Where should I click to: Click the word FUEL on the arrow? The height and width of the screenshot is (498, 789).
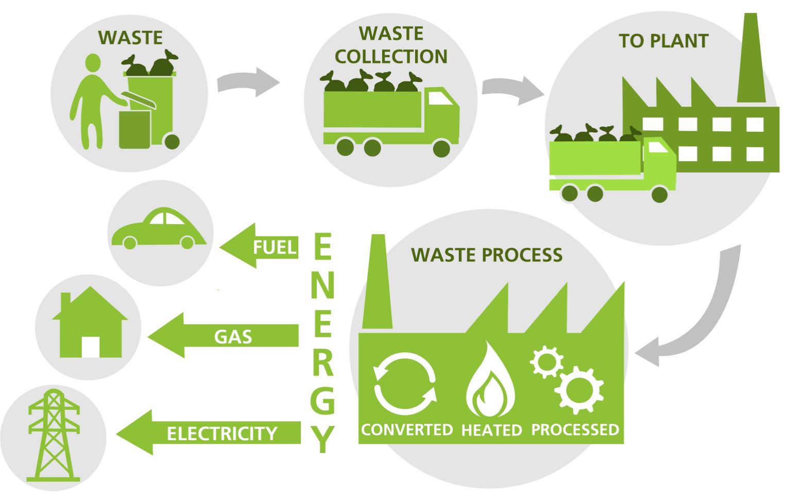(275, 248)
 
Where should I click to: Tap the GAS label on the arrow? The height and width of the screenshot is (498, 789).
(233, 337)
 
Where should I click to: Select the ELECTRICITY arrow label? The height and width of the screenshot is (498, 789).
(221, 434)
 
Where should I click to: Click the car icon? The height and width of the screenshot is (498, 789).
(159, 230)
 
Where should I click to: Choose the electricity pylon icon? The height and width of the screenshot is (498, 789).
(54, 435)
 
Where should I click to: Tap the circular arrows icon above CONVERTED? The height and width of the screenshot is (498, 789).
(405, 384)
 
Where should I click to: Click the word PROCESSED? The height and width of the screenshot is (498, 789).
(575, 430)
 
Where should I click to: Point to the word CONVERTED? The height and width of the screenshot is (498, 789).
(407, 430)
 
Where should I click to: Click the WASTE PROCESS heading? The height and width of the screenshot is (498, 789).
(487, 255)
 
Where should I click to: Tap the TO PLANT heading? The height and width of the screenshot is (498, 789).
(663, 41)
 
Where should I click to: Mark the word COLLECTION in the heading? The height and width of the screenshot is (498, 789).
(391, 57)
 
